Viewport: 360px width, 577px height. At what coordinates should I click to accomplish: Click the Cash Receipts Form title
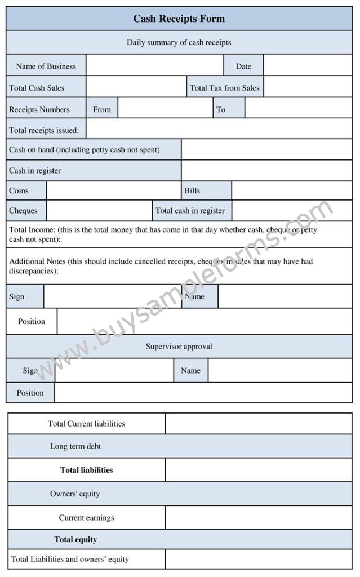click(x=179, y=19)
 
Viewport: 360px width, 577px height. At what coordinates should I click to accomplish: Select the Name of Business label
click(x=46, y=66)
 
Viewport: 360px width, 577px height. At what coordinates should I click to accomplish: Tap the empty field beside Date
click(x=307, y=66)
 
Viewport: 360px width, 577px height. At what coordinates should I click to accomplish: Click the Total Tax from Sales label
click(x=225, y=88)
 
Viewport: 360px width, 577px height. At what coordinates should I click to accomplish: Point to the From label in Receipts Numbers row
click(x=102, y=109)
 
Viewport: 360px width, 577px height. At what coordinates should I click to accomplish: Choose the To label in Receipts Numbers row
click(x=221, y=109)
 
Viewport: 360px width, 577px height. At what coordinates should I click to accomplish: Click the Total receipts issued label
click(x=44, y=130)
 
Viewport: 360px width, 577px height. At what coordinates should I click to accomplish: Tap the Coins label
click(x=19, y=190)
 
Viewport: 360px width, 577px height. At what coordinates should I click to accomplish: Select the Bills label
click(x=192, y=190)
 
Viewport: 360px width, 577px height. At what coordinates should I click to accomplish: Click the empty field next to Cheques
click(x=99, y=211)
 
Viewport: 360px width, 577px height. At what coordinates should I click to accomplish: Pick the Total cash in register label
click(x=190, y=211)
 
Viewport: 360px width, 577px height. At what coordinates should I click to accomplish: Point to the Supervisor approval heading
click(x=179, y=347)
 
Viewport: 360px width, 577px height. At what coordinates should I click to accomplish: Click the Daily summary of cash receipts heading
click(x=179, y=42)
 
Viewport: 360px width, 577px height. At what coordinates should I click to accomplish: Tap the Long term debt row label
click(x=75, y=446)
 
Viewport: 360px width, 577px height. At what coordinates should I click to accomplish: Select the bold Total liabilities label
click(x=86, y=470)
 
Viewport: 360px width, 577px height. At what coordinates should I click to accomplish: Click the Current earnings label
click(x=86, y=518)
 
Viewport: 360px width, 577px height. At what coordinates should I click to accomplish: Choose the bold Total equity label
click(x=75, y=539)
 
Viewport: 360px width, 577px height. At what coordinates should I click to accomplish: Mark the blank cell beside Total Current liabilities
click(x=259, y=424)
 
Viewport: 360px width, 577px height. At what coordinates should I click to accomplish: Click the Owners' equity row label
click(x=75, y=494)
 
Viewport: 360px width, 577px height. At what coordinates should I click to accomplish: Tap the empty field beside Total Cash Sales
click(x=136, y=88)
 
